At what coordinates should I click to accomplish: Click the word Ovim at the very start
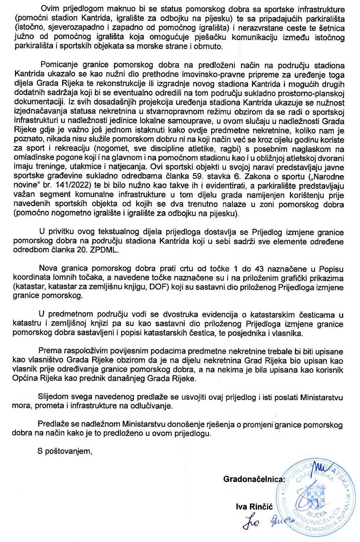tap(50, 9)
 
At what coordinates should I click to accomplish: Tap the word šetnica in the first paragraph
tap(331, 28)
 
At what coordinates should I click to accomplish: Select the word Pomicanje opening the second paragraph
tap(59, 65)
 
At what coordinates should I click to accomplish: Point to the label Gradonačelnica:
tap(254, 479)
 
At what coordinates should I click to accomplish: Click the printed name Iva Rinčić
tap(254, 507)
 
